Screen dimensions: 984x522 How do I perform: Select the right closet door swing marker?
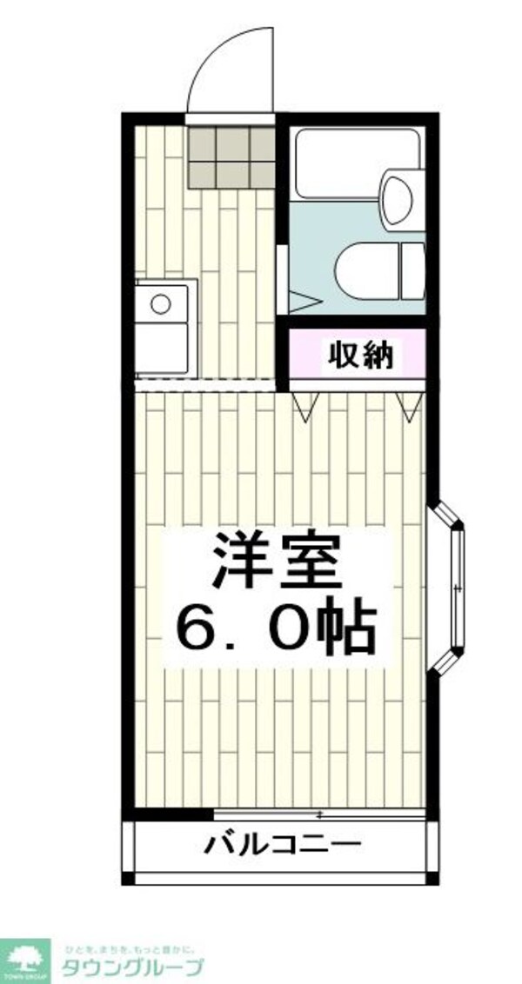coord(407,405)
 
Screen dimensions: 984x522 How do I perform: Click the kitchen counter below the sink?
coord(165,348)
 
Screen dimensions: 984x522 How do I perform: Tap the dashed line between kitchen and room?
coord(205,382)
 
